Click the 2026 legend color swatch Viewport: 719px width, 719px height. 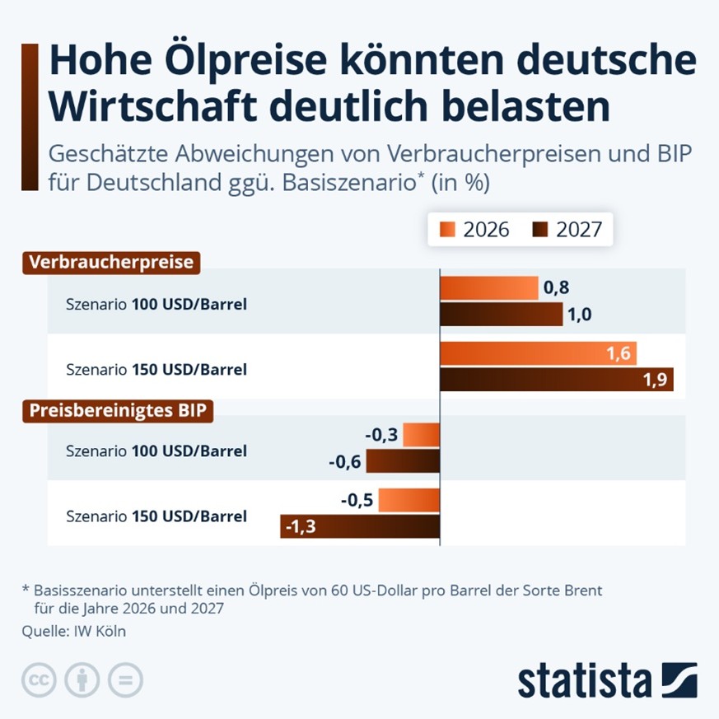(447, 229)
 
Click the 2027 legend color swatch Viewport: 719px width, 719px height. (540, 229)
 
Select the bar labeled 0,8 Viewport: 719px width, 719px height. (489, 288)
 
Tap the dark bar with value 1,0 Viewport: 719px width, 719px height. (502, 314)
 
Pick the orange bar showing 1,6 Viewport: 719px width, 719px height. (539, 353)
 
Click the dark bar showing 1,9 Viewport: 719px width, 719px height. (557, 379)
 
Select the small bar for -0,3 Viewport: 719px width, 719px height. (422, 435)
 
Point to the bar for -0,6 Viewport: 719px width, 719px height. (403, 461)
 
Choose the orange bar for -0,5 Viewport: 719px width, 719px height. (409, 500)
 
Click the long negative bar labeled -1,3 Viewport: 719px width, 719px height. (360, 526)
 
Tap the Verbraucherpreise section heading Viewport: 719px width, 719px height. (111, 263)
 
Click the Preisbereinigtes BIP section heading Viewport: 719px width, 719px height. (118, 411)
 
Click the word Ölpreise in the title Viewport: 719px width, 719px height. (245, 60)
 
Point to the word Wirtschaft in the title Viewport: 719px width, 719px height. (152, 107)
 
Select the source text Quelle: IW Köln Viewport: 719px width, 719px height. (74, 632)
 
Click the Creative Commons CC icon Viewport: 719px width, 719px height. (39, 679)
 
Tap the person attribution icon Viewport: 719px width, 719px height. (82, 679)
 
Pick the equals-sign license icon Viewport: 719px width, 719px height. (126, 679)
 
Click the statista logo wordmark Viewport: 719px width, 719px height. (585, 681)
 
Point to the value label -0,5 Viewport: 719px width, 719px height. (357, 500)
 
